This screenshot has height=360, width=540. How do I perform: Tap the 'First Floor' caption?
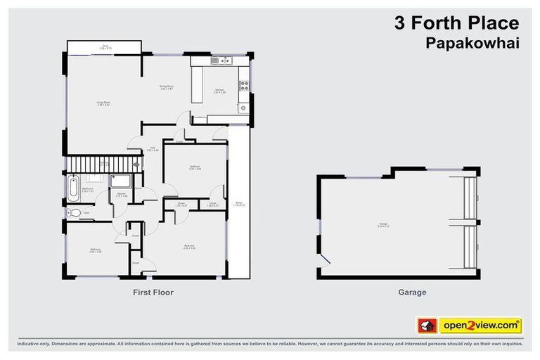tap(153, 292)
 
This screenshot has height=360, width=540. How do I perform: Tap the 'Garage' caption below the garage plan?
tap(412, 292)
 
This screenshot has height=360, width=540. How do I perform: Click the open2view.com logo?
tap(481, 326)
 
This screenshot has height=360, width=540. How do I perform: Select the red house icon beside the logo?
tap(427, 326)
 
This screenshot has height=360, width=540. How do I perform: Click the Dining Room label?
tap(166, 88)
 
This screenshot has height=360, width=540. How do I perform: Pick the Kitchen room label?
tap(219, 90)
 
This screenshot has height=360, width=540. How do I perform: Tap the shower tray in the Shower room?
tap(122, 180)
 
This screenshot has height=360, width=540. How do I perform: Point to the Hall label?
tap(152, 148)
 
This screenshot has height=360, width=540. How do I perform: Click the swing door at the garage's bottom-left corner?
tap(323, 262)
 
